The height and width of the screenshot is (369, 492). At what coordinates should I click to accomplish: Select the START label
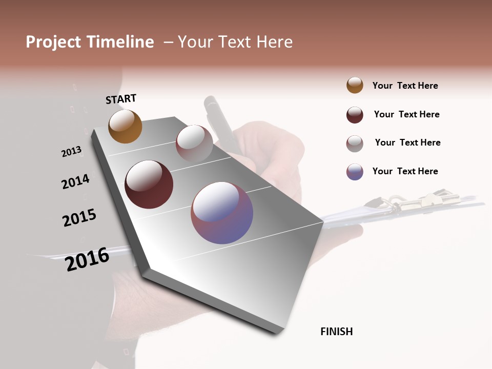pos(121,99)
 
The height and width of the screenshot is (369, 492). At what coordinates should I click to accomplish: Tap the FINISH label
pos(337,332)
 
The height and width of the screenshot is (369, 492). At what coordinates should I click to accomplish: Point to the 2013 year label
pos(71,152)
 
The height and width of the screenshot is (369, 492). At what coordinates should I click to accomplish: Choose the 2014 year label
pos(75,182)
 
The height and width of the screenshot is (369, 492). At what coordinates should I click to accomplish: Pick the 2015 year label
pos(79,218)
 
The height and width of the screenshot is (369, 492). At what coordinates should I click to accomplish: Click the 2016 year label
pos(87,259)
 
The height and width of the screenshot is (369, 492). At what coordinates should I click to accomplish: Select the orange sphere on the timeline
pos(125,126)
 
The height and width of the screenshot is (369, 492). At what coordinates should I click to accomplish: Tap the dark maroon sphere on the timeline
pos(149,184)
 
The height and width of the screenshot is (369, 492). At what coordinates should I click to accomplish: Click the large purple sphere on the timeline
pos(222,212)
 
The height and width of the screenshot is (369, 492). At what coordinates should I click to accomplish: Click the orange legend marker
pos(355,85)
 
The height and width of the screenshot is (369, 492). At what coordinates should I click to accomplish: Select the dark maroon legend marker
pos(355,115)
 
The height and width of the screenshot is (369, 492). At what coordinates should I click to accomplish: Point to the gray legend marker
pos(355,143)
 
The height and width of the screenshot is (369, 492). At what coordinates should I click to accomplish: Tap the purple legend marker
pos(355,172)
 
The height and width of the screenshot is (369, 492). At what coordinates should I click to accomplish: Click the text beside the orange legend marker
pos(405,86)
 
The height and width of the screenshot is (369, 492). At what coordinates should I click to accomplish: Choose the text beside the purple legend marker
pos(405,171)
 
